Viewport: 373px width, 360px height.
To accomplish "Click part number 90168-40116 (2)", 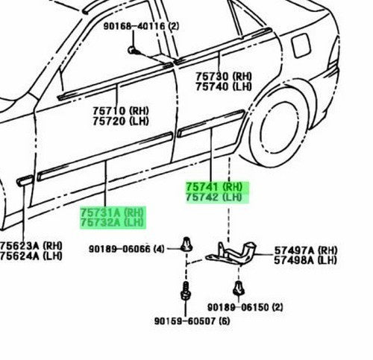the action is (141, 26).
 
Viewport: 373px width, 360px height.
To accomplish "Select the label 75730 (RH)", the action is (224, 76).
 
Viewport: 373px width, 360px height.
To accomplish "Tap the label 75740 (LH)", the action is (224, 86).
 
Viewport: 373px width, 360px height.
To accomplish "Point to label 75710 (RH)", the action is (121, 111).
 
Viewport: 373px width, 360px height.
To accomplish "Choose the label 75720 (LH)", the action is (121, 121).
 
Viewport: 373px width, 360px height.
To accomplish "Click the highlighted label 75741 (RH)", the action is (214, 186).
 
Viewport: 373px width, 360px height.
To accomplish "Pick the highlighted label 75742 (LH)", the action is (214, 198).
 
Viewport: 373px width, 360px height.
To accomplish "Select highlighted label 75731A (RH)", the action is (112, 212).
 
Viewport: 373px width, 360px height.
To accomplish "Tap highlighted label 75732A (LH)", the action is (112, 223).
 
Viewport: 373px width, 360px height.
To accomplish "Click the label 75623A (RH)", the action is (31, 246).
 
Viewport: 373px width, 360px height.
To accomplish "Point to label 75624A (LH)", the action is (31, 256).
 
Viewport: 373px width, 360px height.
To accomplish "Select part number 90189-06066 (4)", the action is (127, 249).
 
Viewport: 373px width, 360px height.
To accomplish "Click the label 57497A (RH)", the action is (306, 250).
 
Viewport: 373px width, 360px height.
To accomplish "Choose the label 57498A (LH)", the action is (306, 260).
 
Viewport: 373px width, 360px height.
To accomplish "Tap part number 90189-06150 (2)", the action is (245, 308).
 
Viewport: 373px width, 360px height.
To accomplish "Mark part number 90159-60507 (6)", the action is (192, 321).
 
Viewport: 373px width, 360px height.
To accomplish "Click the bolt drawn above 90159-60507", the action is (186, 291).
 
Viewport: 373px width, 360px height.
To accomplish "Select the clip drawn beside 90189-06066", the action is (186, 244).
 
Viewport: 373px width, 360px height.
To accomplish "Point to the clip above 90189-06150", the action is (239, 288).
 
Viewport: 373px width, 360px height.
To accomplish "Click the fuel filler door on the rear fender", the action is (301, 45).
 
